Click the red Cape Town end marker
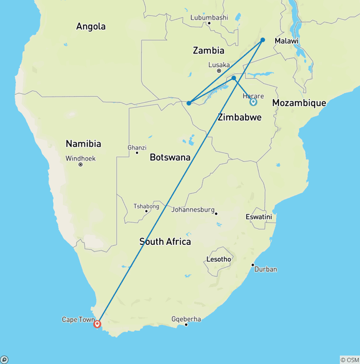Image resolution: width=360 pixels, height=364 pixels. click(x=97, y=324)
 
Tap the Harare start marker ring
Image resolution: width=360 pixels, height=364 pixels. click(x=253, y=102)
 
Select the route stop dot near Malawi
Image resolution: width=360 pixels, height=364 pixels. click(x=263, y=40)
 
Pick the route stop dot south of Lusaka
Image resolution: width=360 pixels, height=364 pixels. click(x=233, y=78)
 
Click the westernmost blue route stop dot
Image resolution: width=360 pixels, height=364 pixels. click(x=188, y=103)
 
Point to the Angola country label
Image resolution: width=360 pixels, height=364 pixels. click(x=91, y=27)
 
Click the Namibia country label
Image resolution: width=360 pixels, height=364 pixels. click(x=83, y=144)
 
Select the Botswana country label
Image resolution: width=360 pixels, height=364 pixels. click(x=170, y=158)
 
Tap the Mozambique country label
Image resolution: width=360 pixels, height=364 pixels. click(x=299, y=103)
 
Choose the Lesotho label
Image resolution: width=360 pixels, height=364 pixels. click(x=218, y=259)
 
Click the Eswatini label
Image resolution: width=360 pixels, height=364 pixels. click(x=259, y=217)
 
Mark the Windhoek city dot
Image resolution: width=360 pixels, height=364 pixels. click(x=81, y=165)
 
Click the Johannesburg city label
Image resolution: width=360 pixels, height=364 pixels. click(x=193, y=210)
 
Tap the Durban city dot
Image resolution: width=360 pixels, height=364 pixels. click(x=253, y=265)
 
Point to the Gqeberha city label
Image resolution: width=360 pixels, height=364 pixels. click(x=186, y=319)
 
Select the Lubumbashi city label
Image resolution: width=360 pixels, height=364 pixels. click(x=209, y=18)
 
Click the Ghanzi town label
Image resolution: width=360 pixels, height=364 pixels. click(x=137, y=148)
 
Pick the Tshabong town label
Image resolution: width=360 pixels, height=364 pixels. click(x=146, y=206)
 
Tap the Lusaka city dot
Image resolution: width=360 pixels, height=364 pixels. click(x=219, y=71)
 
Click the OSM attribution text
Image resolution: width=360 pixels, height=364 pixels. click(x=349, y=360)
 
